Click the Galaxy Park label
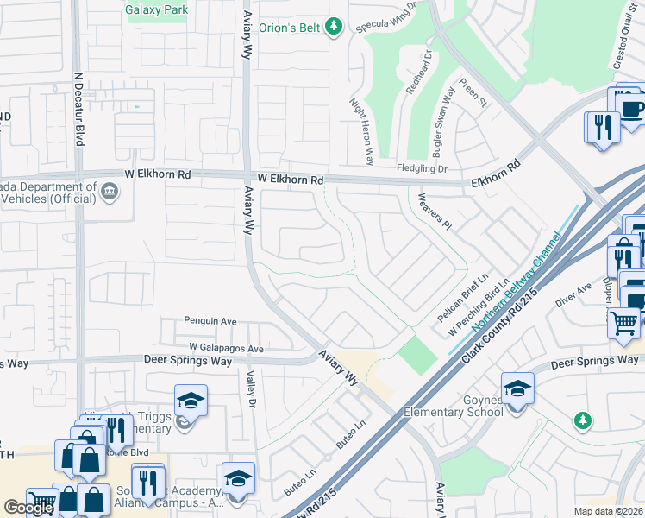click(156, 11)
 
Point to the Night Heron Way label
click(360, 130)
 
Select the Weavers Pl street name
click(434, 212)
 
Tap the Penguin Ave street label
click(210, 321)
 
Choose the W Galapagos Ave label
click(227, 348)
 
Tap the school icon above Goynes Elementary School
click(517, 388)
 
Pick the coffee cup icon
click(631, 108)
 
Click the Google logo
click(29, 507)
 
